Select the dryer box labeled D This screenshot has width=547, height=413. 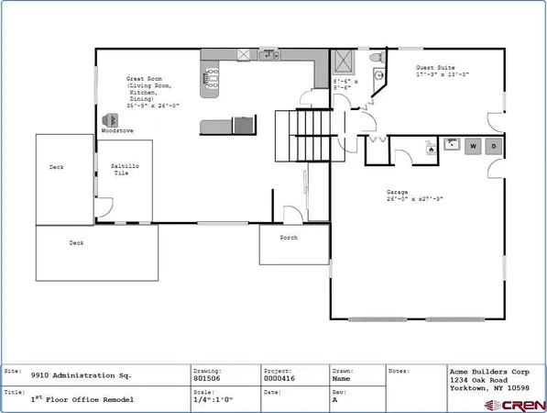494,146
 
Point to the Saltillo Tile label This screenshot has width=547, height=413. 125,169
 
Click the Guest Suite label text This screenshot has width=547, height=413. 435,67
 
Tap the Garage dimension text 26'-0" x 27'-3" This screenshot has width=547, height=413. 415,197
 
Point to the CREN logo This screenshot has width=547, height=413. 519,404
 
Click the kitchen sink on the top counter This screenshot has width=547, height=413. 268,55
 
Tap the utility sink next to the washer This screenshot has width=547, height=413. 451,145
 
